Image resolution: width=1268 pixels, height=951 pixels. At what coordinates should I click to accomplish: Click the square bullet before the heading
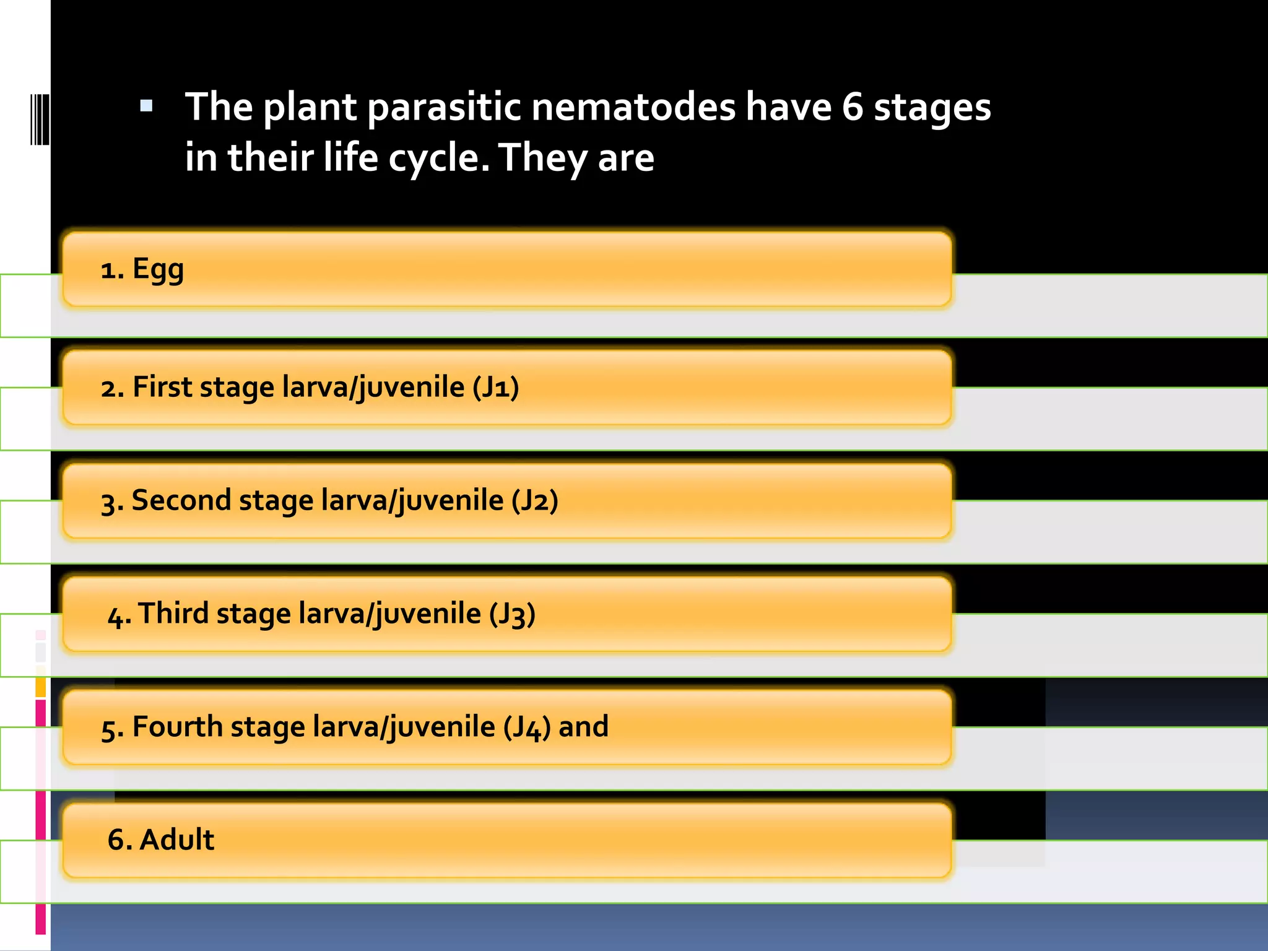(x=146, y=106)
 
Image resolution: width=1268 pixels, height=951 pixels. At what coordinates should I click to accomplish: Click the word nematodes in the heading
(x=633, y=106)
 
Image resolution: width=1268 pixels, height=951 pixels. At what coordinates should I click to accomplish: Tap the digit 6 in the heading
(x=852, y=106)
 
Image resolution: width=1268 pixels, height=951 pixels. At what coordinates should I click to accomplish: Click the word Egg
(x=158, y=270)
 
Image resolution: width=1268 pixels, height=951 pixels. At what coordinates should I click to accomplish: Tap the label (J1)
(x=495, y=388)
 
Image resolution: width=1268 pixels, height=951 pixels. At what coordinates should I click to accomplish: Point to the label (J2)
(x=535, y=501)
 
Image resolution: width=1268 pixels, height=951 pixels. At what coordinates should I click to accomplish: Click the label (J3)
(x=512, y=614)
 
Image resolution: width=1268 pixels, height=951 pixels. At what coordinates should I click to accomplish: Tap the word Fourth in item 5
(x=177, y=727)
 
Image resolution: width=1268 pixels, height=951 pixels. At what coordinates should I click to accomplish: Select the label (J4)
(x=526, y=727)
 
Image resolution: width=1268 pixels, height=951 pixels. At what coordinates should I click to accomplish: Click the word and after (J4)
(x=583, y=727)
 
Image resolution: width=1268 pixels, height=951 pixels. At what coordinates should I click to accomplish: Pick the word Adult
(x=177, y=840)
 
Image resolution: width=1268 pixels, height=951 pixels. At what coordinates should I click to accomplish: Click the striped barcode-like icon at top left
(x=40, y=119)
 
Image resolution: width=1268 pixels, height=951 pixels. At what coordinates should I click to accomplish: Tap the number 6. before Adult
(x=119, y=840)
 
